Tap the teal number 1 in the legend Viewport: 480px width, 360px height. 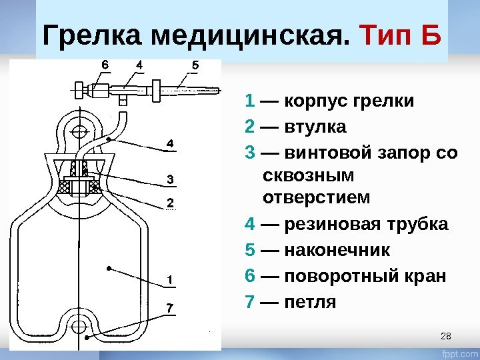click(250, 102)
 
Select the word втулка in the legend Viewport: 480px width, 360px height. click(315, 127)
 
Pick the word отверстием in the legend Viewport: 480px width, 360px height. click(315, 198)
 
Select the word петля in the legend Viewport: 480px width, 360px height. click(311, 302)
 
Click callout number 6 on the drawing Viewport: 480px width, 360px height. click(105, 65)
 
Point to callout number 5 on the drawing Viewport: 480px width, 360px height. click(195, 65)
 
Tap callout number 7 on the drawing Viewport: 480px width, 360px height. click(170, 307)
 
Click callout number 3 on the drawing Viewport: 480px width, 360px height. click(170, 179)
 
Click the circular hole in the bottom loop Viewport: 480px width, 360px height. click(79, 327)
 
